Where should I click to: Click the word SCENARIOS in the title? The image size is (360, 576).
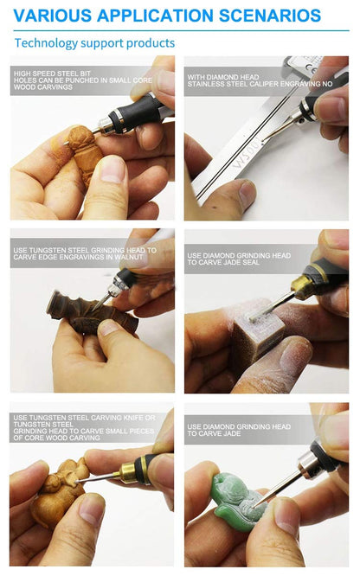pyautogui.click(x=270, y=16)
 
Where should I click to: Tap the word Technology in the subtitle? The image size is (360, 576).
pyautogui.click(x=47, y=43)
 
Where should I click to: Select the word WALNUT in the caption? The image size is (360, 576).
pyautogui.click(x=128, y=257)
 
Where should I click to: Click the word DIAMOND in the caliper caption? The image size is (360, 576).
pyautogui.click(x=216, y=77)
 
